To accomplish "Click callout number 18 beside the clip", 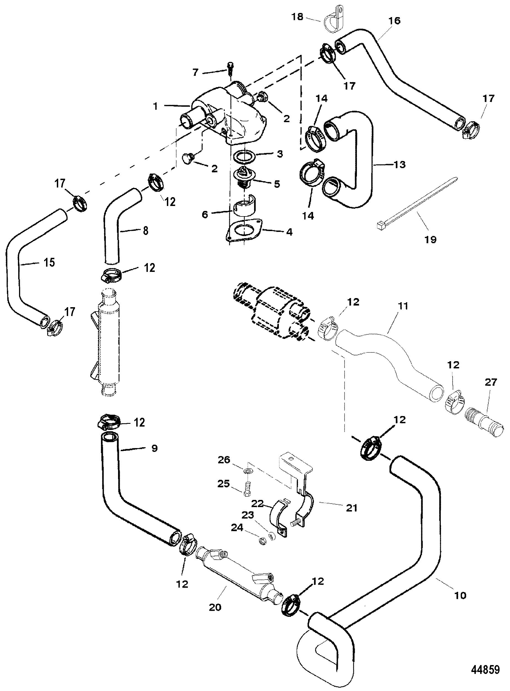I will coord(298,17).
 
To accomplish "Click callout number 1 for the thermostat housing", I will coord(156,106).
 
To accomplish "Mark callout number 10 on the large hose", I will coord(460,595).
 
